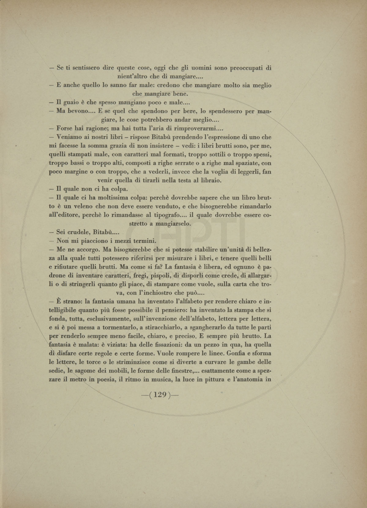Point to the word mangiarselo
pyautogui.click(x=172, y=223)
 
